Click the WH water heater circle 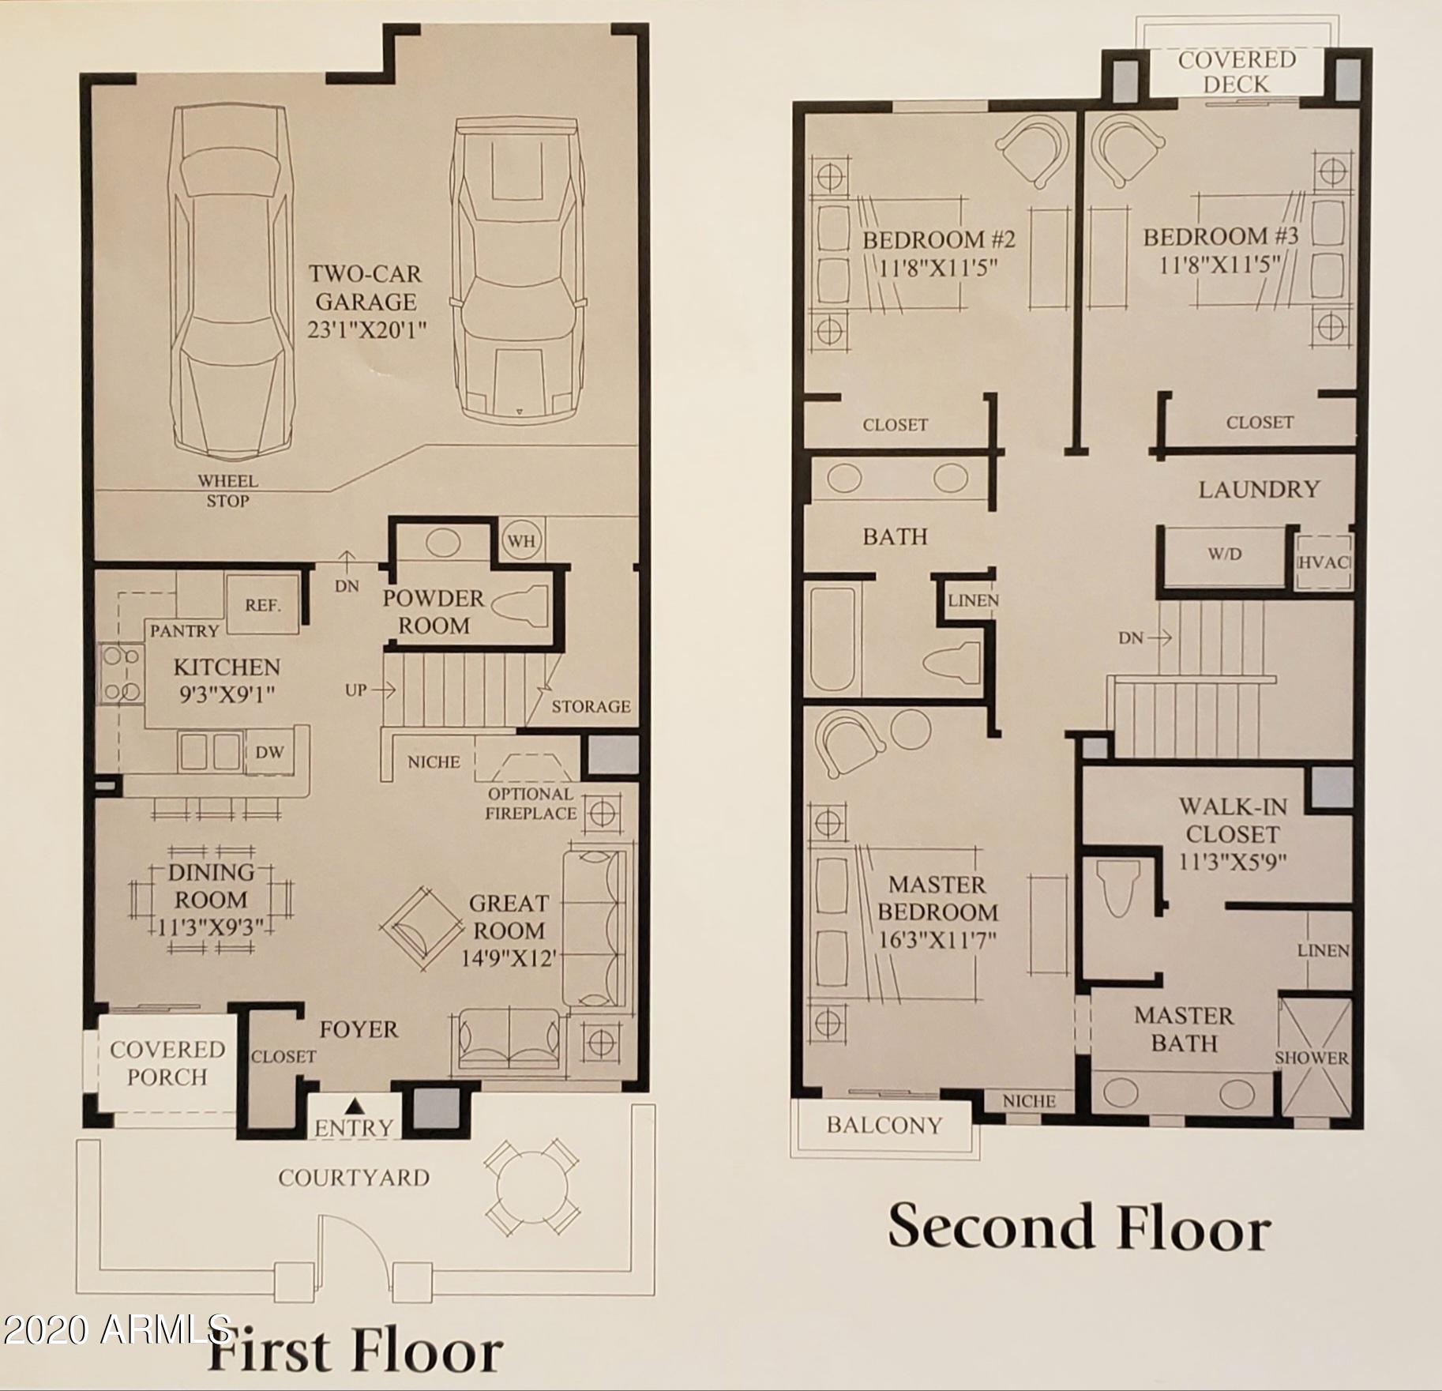click(521, 541)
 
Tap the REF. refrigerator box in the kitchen click(262, 604)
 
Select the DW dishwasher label click(269, 752)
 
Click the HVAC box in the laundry click(1324, 562)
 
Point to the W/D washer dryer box click(1224, 555)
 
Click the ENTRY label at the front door click(353, 1128)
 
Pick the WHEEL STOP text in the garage click(227, 491)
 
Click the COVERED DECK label click(1237, 71)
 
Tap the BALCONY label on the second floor click(884, 1126)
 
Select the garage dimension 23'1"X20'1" click(367, 329)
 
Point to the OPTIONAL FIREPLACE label click(530, 803)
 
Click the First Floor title click(355, 1351)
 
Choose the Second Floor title click(1079, 1227)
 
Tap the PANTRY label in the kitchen click(184, 630)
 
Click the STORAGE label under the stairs click(591, 706)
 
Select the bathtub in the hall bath click(832, 639)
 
